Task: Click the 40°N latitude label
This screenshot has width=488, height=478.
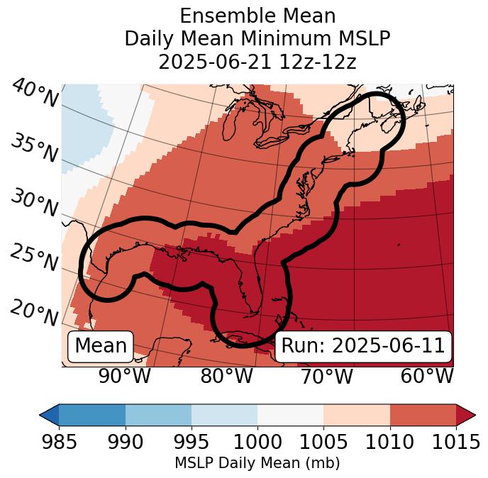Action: click(35, 94)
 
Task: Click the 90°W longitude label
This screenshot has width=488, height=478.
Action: click(125, 376)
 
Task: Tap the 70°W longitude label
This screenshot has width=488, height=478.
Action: click(326, 376)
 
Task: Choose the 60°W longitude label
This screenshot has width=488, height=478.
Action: click(426, 376)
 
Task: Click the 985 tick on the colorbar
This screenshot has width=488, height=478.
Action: click(59, 443)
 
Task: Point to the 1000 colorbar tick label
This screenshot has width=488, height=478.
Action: click(257, 443)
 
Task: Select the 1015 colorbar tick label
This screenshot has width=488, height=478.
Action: click(455, 443)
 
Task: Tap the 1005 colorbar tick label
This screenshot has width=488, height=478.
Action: click(323, 443)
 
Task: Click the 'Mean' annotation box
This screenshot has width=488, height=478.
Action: click(101, 346)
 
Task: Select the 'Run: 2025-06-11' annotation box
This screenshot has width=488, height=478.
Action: click(363, 346)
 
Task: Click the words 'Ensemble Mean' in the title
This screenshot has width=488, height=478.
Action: click(257, 16)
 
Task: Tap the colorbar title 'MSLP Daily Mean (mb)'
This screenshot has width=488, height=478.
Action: click(257, 463)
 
